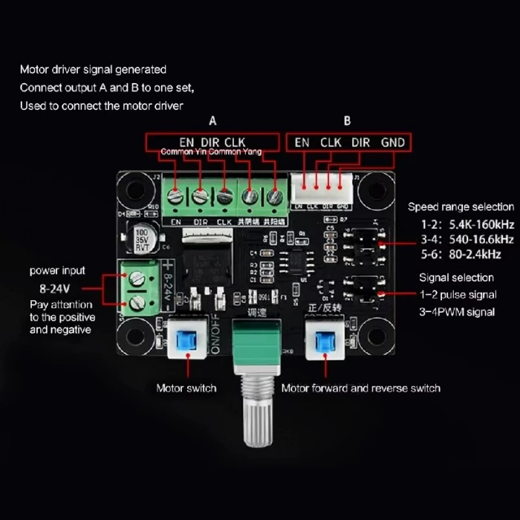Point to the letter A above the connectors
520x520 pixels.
213,121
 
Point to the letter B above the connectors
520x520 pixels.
347,121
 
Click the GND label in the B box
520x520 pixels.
393,142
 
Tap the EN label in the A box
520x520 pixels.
186,142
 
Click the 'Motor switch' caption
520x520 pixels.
186,388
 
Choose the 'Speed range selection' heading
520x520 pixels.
461,207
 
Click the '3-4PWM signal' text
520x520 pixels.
457,312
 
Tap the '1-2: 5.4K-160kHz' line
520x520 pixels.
461,223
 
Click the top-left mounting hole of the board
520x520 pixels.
134,189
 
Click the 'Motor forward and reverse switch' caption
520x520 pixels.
360,388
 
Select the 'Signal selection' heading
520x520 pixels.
456,277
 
